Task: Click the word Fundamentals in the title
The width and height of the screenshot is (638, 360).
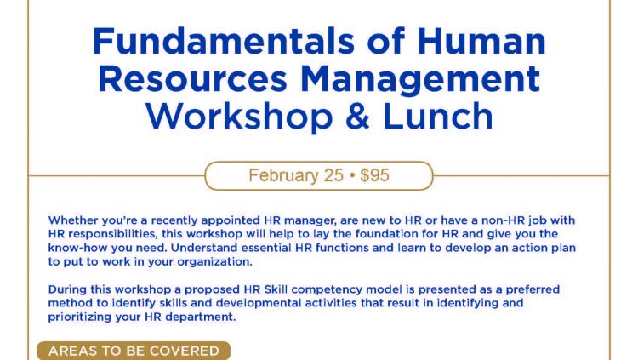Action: pos(224,41)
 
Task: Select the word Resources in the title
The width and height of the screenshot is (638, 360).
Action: pos(192,78)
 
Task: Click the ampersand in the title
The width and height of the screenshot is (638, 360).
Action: pos(357,117)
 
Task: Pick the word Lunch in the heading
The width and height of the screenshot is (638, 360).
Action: pos(438,117)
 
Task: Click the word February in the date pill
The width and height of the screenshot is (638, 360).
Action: pos(283,175)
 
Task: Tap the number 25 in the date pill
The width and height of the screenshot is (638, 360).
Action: pos(333,175)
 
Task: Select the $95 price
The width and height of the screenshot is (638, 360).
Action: pos(375,175)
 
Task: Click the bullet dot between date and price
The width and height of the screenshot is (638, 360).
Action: pos(352,176)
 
